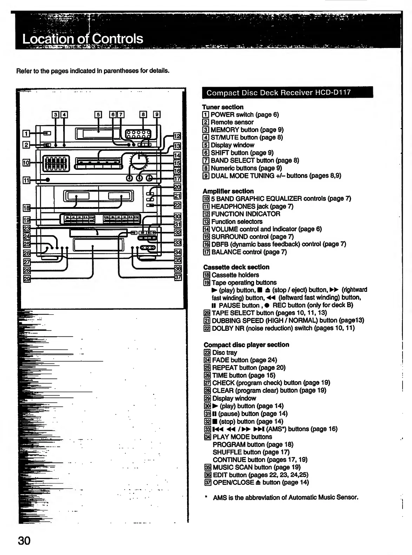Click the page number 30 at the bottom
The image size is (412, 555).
(24, 541)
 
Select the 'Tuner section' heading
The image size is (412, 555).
(222, 107)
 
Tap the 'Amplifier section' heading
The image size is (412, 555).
(228, 191)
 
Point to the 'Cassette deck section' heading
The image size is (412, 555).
(236, 267)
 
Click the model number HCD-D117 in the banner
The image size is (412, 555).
(333, 92)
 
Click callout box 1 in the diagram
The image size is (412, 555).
(26, 133)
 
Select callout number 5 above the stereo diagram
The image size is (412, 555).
(98, 114)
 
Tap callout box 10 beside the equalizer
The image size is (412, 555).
(26, 162)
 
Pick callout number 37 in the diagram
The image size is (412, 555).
(178, 277)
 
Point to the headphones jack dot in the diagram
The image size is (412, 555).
(48, 180)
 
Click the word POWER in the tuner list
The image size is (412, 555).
(222, 115)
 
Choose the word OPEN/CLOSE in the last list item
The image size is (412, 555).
(233, 482)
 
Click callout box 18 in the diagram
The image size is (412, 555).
(26, 208)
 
